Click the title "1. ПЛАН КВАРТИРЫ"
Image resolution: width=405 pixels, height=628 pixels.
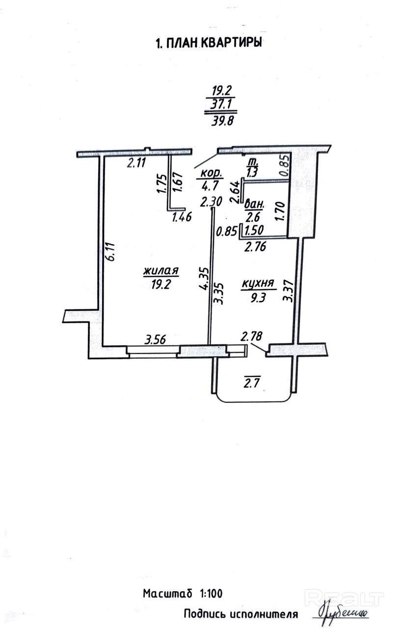207,43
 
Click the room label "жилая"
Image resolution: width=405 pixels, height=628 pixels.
161,271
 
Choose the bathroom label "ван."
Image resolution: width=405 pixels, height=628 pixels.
256,203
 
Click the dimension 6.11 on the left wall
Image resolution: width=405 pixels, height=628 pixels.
111,250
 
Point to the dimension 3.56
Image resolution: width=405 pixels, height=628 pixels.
154,339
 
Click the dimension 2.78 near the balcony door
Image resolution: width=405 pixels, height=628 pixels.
251,337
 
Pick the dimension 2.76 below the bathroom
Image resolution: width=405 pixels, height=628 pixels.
255,247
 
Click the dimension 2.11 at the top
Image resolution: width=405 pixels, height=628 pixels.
137,163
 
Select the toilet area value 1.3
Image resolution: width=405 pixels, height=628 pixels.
253,173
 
